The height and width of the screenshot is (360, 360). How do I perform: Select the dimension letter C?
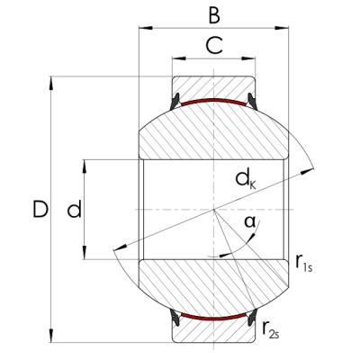212,45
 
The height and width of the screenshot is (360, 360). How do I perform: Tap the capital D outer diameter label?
39,211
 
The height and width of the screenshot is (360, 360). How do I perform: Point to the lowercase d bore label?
75,211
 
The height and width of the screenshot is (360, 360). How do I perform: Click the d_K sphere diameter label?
245,179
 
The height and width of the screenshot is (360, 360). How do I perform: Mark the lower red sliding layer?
212,318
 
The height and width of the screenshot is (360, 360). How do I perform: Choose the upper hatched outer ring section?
212,86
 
